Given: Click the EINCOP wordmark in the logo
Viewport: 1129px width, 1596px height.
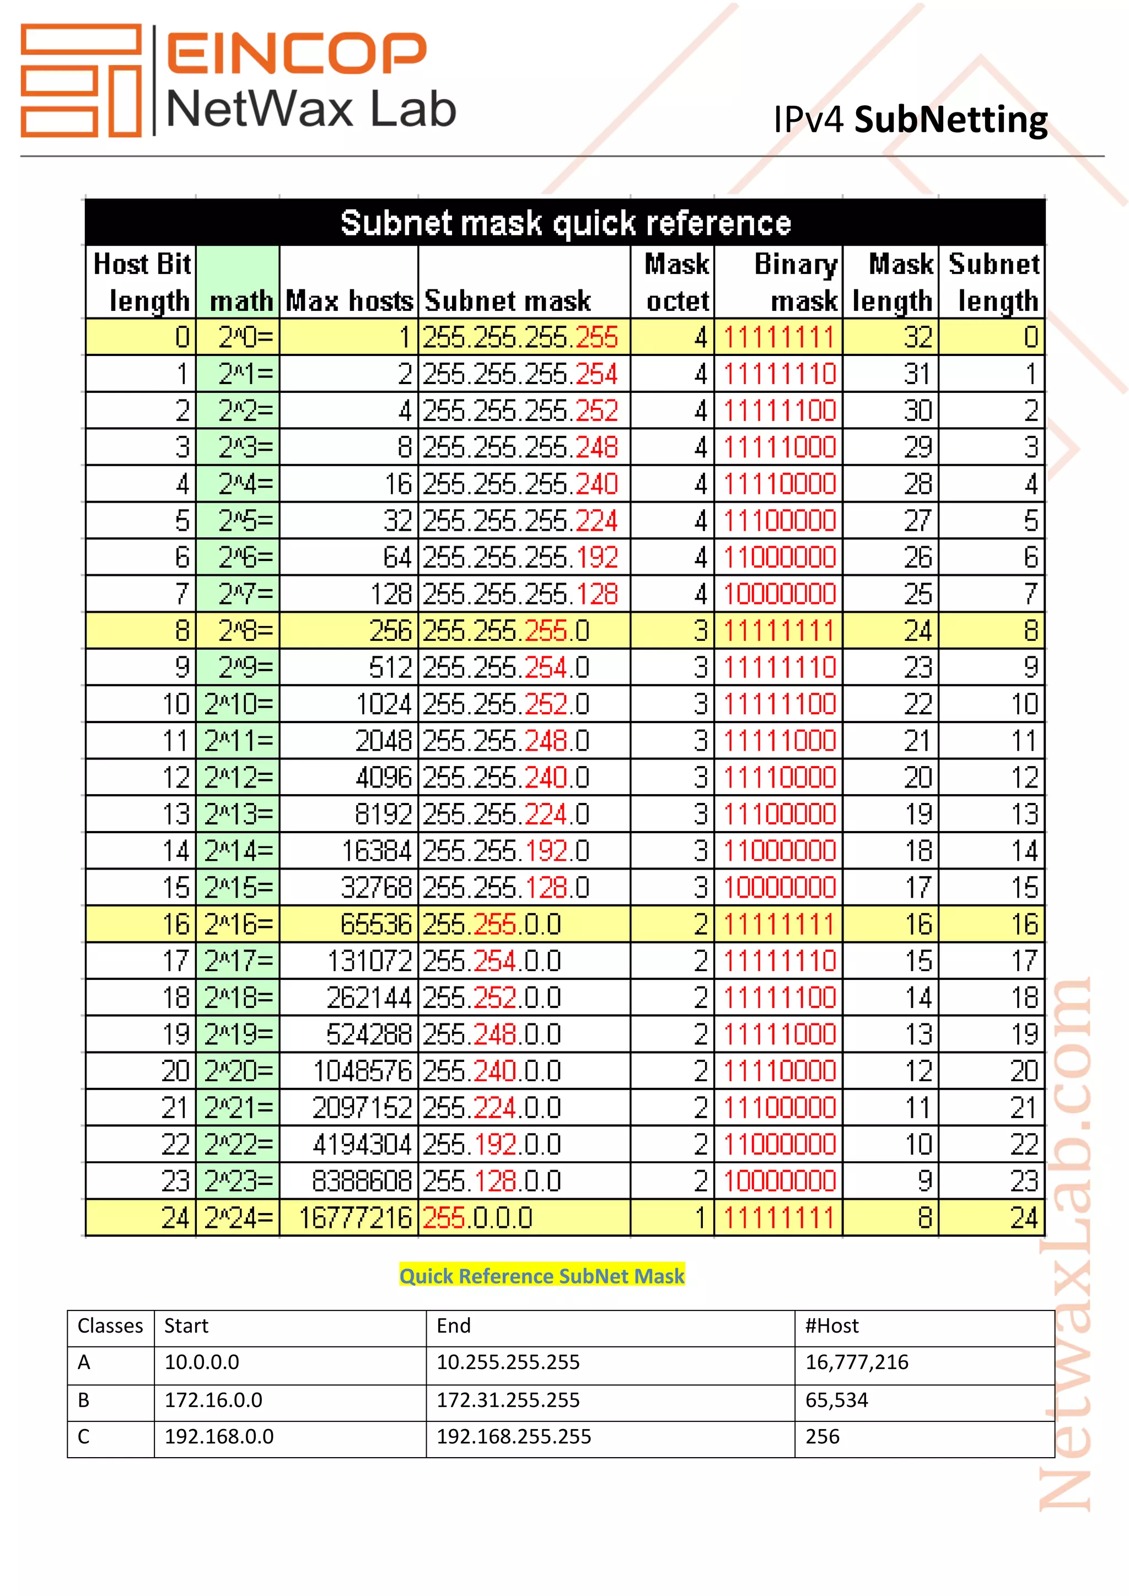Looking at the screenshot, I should [295, 52].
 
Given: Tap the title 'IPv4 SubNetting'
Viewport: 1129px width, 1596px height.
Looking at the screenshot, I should [910, 120].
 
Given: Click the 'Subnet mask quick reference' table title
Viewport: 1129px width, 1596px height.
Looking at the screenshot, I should [565, 223].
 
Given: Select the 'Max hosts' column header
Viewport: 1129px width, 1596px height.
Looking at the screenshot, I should [349, 301].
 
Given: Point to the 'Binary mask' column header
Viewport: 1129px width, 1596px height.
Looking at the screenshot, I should [797, 282].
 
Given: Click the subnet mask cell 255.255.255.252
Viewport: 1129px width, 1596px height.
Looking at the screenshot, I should [520, 411].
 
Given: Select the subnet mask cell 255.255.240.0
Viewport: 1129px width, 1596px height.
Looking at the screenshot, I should [506, 778].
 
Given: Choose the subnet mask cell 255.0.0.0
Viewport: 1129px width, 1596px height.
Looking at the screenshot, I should [477, 1218].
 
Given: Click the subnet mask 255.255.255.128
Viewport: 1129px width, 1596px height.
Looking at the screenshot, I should [520, 594].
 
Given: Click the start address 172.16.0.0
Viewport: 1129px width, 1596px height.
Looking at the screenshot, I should [213, 1400].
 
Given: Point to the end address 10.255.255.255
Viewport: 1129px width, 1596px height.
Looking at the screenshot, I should [508, 1362].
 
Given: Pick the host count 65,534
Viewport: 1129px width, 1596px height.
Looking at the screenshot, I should [836, 1400].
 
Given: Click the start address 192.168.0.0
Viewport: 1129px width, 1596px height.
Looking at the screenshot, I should [219, 1437].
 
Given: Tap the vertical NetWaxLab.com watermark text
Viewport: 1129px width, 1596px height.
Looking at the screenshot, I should [1066, 1244].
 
